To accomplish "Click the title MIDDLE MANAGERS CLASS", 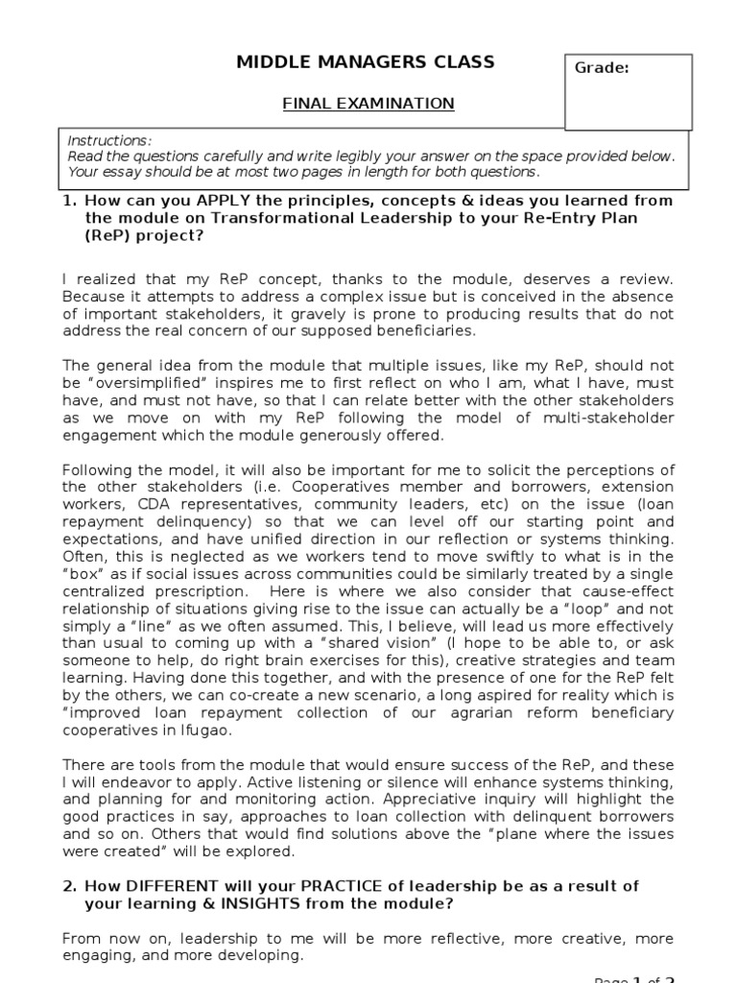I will click(366, 62).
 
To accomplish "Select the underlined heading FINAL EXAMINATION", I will click(368, 103).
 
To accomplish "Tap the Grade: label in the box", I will click(602, 68).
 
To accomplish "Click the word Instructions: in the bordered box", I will click(109, 140).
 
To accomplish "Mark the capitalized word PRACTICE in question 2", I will click(347, 885).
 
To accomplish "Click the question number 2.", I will click(68, 885).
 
